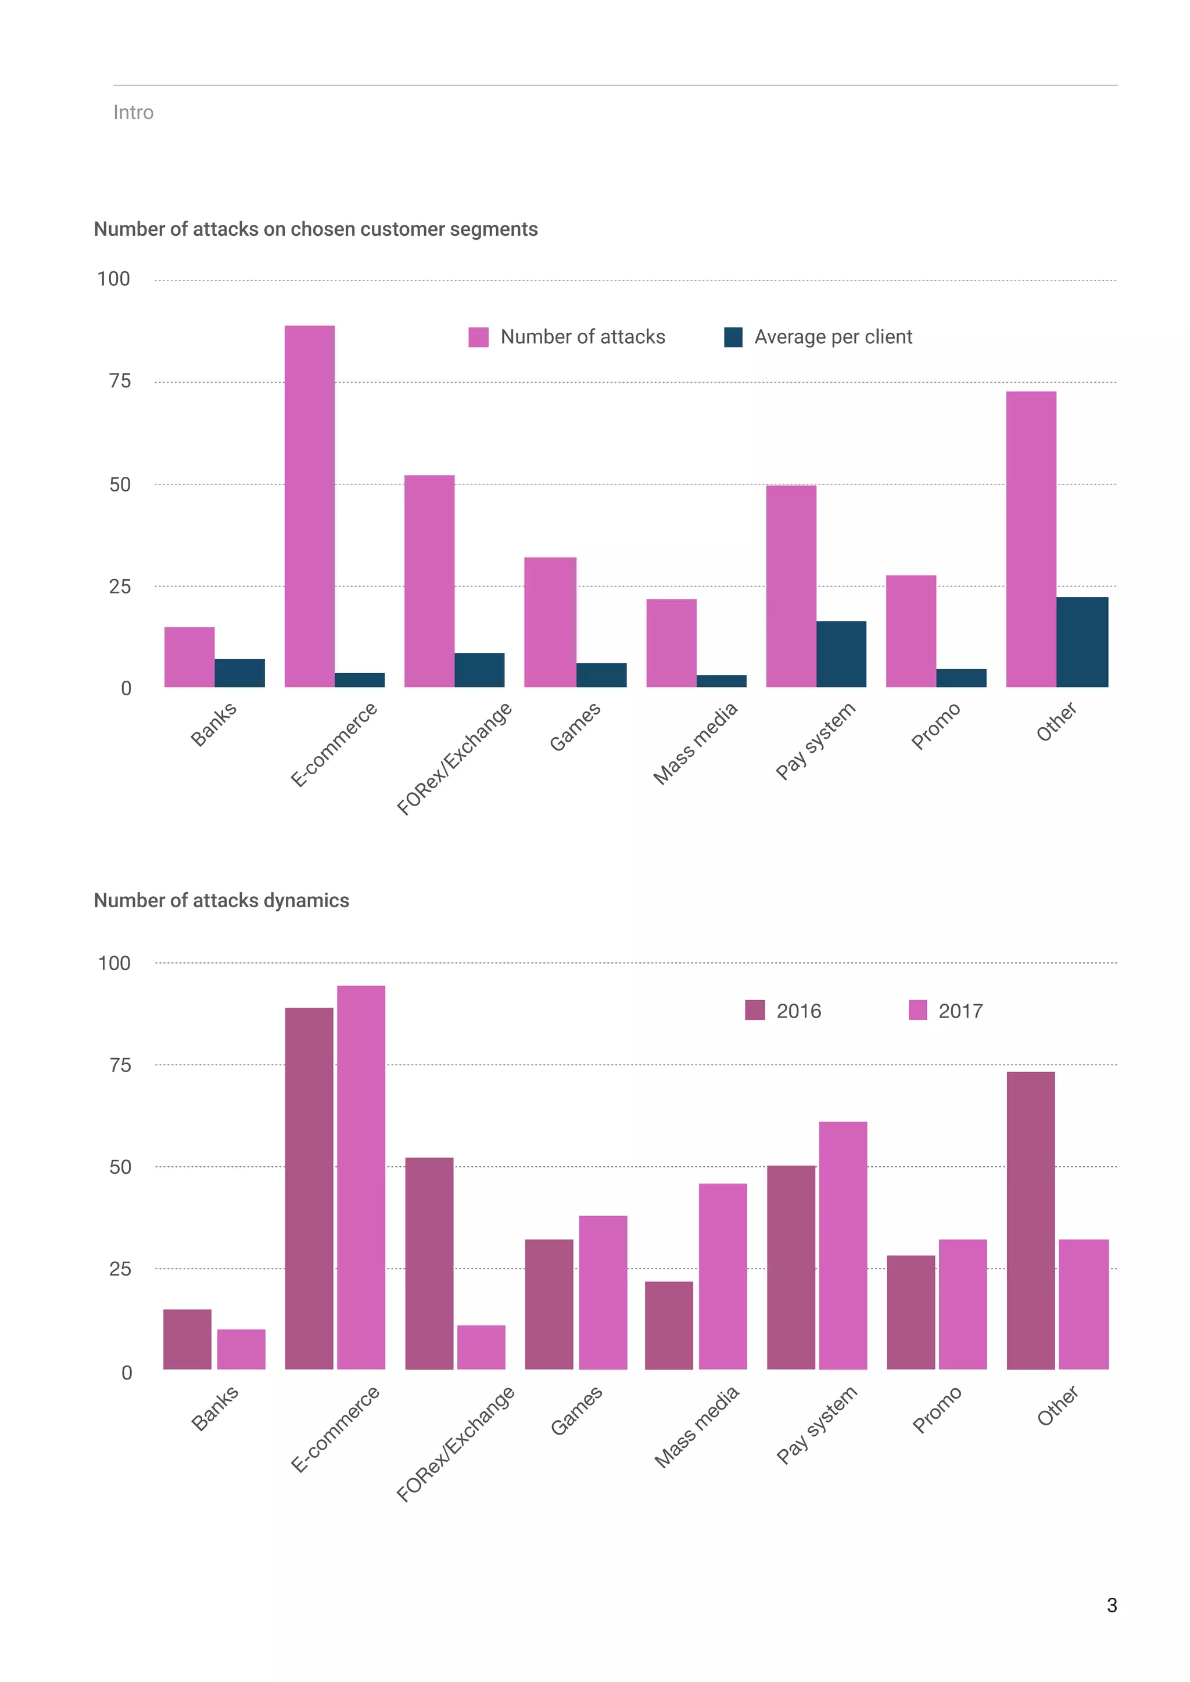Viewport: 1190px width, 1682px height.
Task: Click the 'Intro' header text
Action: point(134,112)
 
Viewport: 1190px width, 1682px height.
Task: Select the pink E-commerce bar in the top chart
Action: point(309,505)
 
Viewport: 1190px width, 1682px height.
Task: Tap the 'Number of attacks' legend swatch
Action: point(478,337)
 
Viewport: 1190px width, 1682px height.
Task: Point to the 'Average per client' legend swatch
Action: point(733,337)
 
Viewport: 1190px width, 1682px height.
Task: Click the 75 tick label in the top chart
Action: point(120,381)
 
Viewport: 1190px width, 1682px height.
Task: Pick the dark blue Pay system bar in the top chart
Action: point(841,654)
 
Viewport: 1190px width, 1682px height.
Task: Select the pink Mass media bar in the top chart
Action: point(671,643)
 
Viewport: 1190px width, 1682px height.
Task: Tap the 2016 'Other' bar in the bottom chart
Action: point(1030,1220)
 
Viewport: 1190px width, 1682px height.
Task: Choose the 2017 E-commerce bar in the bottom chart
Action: point(360,1177)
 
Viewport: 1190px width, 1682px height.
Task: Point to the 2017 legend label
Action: point(960,1011)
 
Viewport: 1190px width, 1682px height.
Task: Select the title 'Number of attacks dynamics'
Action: point(221,900)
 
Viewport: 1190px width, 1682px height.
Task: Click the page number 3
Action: point(1112,1605)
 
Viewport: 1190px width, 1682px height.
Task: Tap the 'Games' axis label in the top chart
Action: point(575,726)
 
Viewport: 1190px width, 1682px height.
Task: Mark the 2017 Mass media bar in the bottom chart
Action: point(722,1276)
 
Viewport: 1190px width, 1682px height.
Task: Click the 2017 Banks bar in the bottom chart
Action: point(241,1349)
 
